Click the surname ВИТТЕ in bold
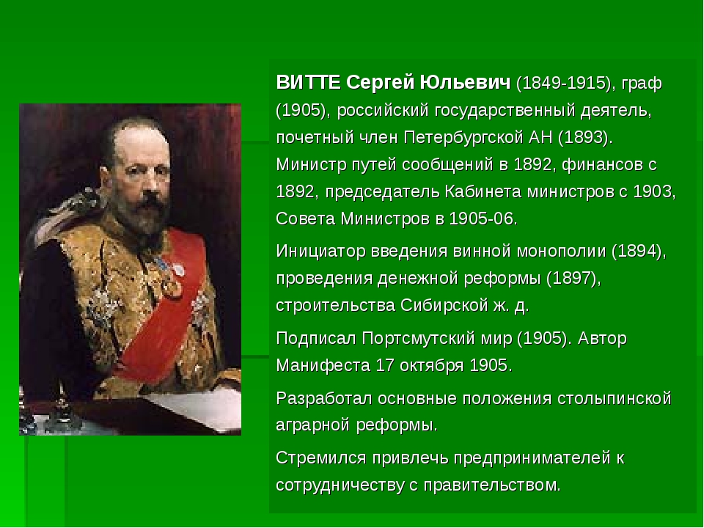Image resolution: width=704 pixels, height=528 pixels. point(309,83)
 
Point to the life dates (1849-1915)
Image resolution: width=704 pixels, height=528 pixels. point(566,84)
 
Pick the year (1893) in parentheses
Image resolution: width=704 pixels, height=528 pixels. point(585,138)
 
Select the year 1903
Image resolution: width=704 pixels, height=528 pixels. point(653,191)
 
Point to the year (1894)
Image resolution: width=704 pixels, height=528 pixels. point(639,252)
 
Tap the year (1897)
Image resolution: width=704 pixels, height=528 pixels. point(573,279)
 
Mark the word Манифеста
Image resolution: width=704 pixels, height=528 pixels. point(323,365)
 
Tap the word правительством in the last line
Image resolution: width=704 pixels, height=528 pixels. point(491,485)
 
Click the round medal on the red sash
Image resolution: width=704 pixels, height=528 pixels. point(172,287)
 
